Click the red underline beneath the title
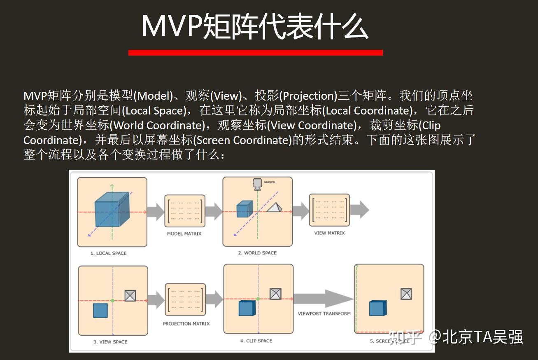(255, 53)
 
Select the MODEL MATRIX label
(184, 234)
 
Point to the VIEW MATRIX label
(329, 233)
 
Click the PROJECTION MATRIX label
(186, 324)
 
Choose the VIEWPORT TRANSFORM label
(324, 313)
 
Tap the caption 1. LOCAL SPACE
(108, 253)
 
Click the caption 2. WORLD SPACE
(257, 252)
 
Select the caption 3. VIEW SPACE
(110, 342)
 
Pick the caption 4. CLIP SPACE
(256, 341)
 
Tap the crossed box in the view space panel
(130, 295)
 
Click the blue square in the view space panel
(100, 310)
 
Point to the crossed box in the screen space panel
(406, 294)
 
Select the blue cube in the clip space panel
(247, 308)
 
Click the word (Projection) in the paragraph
(309, 96)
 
